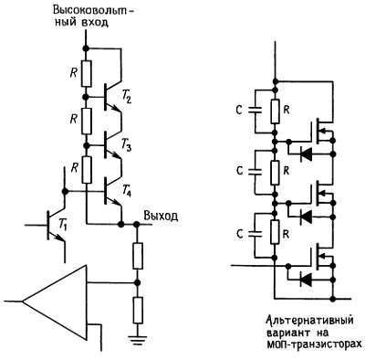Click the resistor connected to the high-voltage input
click(86, 72)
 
